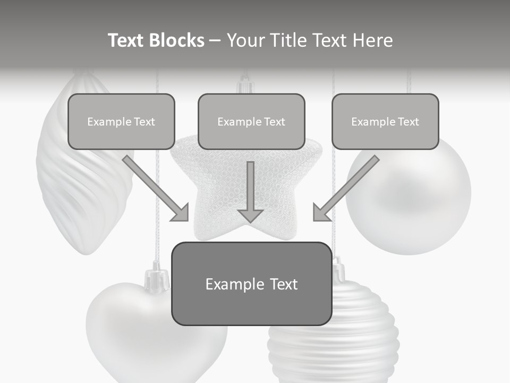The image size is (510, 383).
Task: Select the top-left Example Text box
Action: click(121, 121)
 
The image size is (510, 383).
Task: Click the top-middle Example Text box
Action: click(251, 121)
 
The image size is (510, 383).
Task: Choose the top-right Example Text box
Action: click(385, 121)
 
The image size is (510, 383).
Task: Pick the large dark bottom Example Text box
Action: click(251, 284)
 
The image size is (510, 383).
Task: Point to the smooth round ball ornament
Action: click(420, 202)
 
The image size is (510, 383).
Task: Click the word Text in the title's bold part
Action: click(126, 40)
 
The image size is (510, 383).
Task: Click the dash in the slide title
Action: click(215, 40)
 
